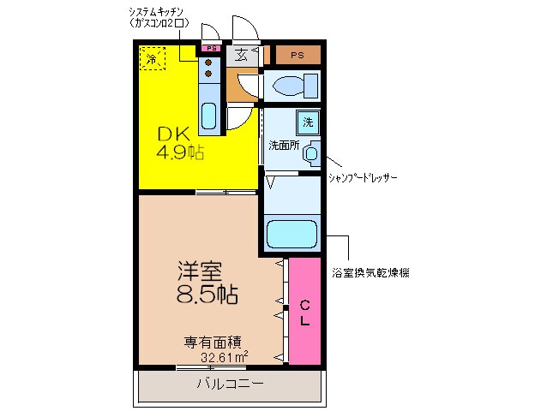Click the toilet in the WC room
point(292,86)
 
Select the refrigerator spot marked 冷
point(152,59)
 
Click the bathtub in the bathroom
point(292,234)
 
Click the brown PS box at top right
point(297,56)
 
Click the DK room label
point(172,134)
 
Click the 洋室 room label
point(199,273)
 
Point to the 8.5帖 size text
point(207,295)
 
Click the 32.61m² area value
point(224,356)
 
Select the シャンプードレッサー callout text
point(364,177)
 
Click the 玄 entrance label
point(241,56)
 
